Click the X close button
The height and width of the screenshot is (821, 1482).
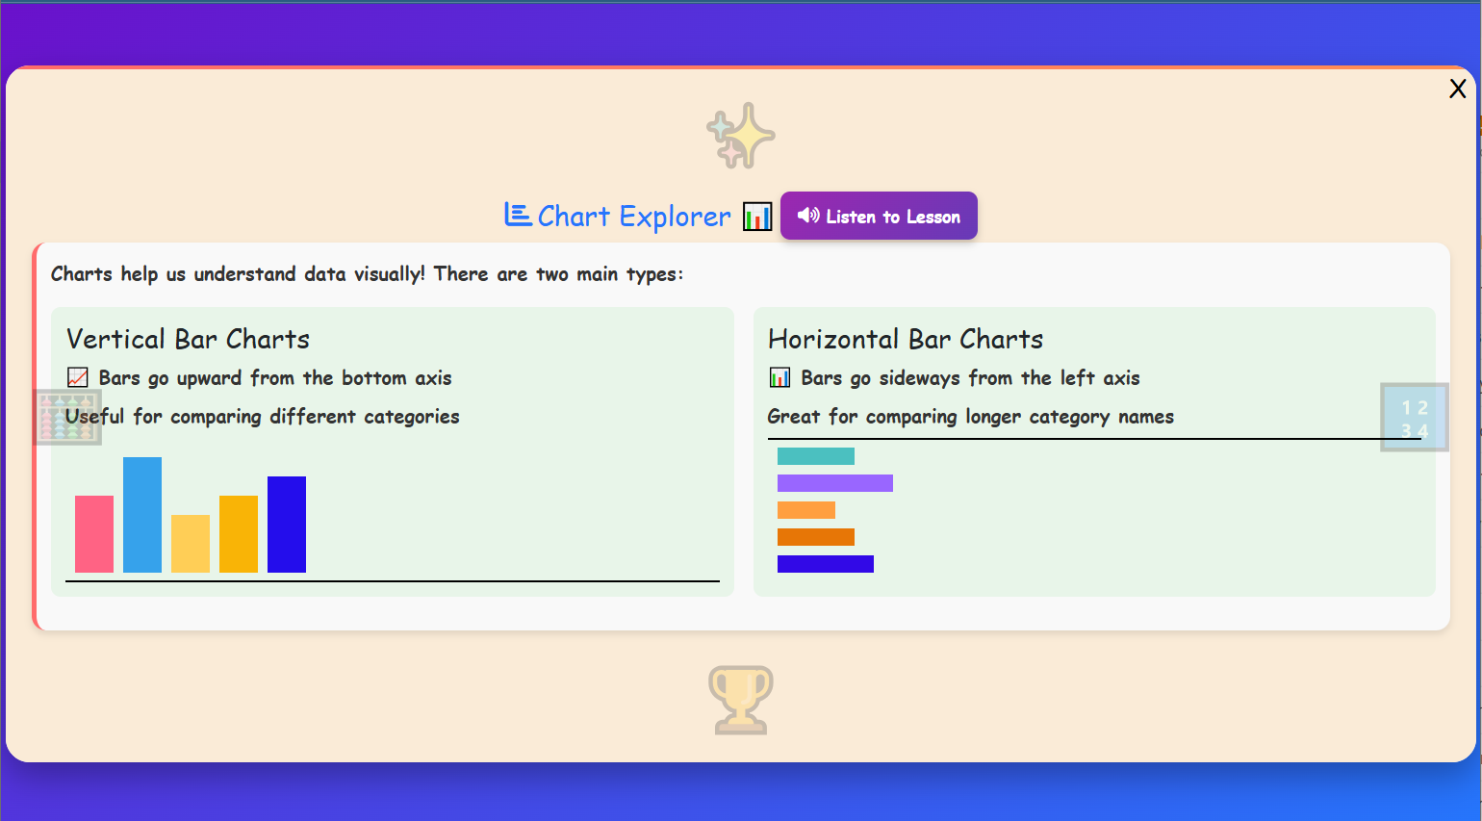pos(1457,89)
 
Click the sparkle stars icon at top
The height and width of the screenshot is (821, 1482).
pos(741,136)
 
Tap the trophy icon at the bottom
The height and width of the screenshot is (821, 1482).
pos(741,700)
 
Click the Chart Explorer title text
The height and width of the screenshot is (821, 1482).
pos(633,217)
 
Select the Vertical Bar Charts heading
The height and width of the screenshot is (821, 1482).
pos(188,340)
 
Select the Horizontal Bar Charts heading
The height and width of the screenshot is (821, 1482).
pos(905,340)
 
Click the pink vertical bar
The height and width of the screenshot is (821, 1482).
pos(94,534)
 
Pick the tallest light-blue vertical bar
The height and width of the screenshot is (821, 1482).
pos(142,515)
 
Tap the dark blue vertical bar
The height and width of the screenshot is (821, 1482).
pos(287,525)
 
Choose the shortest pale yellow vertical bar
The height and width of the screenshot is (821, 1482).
pos(191,544)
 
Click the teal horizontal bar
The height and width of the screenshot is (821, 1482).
pos(815,456)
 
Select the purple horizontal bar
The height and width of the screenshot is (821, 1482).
pos(834,483)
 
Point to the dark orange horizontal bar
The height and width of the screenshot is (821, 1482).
pos(815,537)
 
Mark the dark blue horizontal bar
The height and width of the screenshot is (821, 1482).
pos(825,564)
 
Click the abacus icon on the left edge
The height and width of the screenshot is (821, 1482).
pos(67,418)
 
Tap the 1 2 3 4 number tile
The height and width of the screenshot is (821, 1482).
pos(1414,418)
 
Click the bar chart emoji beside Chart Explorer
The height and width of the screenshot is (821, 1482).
pos(757,218)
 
